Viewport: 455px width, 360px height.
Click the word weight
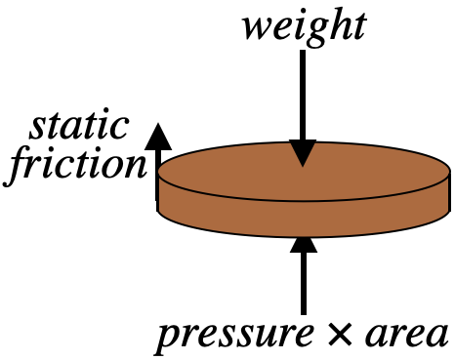[305, 25]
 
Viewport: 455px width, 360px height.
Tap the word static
[80, 126]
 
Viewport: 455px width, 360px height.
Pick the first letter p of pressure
[169, 338]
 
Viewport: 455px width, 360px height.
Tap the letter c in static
[121, 127]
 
